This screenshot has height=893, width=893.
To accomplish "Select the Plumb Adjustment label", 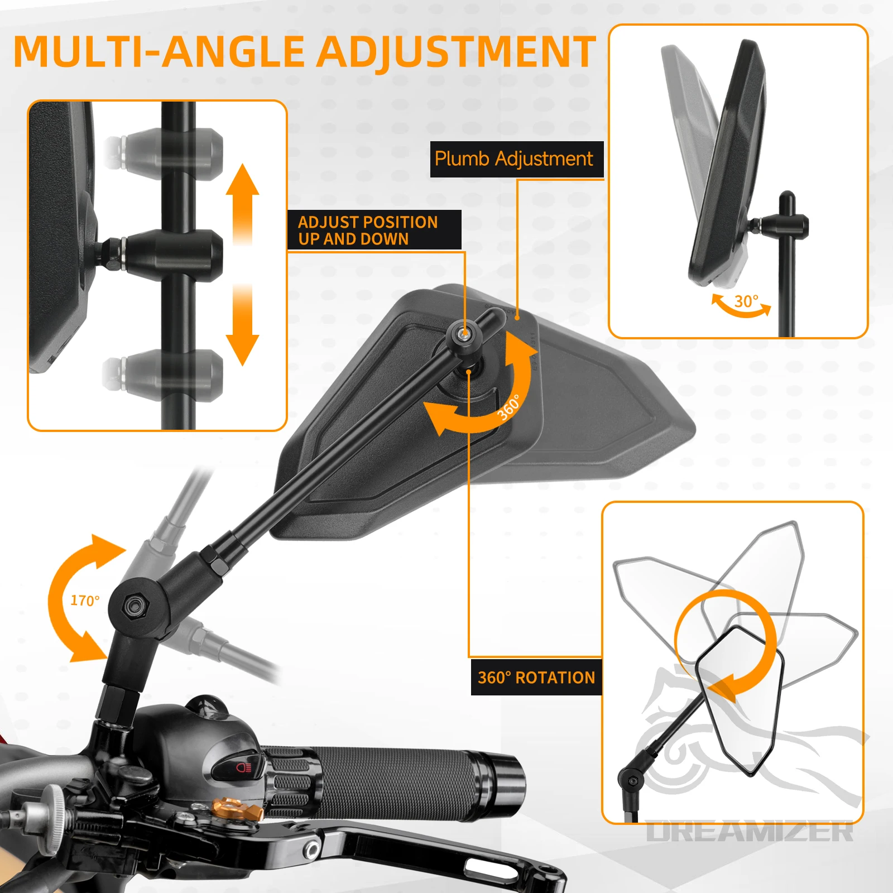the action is tap(513, 159).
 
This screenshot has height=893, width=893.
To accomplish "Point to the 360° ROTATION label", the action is tap(536, 678).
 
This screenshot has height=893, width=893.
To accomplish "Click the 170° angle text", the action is tap(85, 601).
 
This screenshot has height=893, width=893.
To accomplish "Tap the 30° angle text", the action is tap(746, 301).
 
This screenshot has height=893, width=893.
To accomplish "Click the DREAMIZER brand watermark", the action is tap(750, 832).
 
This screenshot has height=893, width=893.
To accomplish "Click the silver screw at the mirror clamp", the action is tap(463, 333).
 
